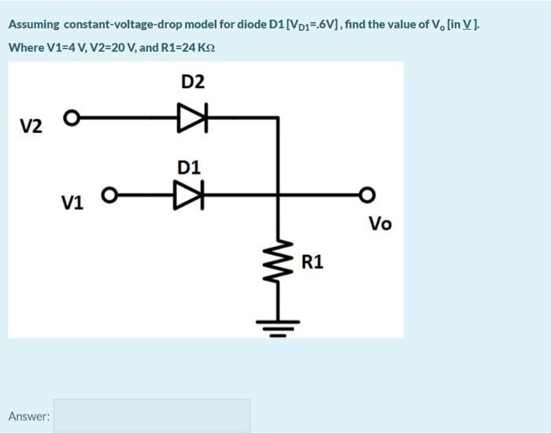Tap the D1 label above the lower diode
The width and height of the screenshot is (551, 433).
[x=189, y=167]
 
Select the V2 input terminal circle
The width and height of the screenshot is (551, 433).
[x=71, y=119]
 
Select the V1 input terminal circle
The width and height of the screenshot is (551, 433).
[x=109, y=194]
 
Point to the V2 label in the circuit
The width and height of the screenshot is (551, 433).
[x=31, y=125]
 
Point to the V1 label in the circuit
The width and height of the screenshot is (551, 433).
[x=72, y=202]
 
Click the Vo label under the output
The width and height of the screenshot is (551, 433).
[x=379, y=224]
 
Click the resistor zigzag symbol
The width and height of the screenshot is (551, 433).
[x=277, y=263]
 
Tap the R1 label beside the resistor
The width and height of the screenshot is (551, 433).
[x=312, y=261]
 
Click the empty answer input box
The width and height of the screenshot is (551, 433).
[x=152, y=415]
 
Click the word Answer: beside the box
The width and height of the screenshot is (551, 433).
[x=29, y=416]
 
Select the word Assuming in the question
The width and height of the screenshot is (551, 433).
[x=34, y=24]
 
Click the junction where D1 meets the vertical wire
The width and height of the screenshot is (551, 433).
[x=277, y=194]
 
